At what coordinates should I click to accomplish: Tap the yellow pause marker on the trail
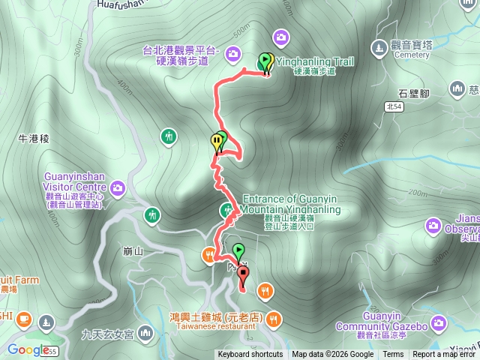(x=217, y=141)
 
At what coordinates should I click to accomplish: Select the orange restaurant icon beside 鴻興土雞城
(x=274, y=319)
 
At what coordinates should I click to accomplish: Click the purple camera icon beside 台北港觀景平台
(x=233, y=52)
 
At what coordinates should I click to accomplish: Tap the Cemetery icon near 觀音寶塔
(x=380, y=47)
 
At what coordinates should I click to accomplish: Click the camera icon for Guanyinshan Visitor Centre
(x=117, y=187)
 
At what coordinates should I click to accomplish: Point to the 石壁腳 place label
(x=413, y=94)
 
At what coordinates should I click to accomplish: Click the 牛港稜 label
(x=34, y=139)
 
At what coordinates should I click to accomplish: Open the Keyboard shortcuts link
(x=250, y=355)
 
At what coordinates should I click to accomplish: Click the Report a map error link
(x=445, y=355)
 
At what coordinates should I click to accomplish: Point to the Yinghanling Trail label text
(x=316, y=61)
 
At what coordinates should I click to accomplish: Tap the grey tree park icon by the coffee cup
(x=46, y=323)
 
